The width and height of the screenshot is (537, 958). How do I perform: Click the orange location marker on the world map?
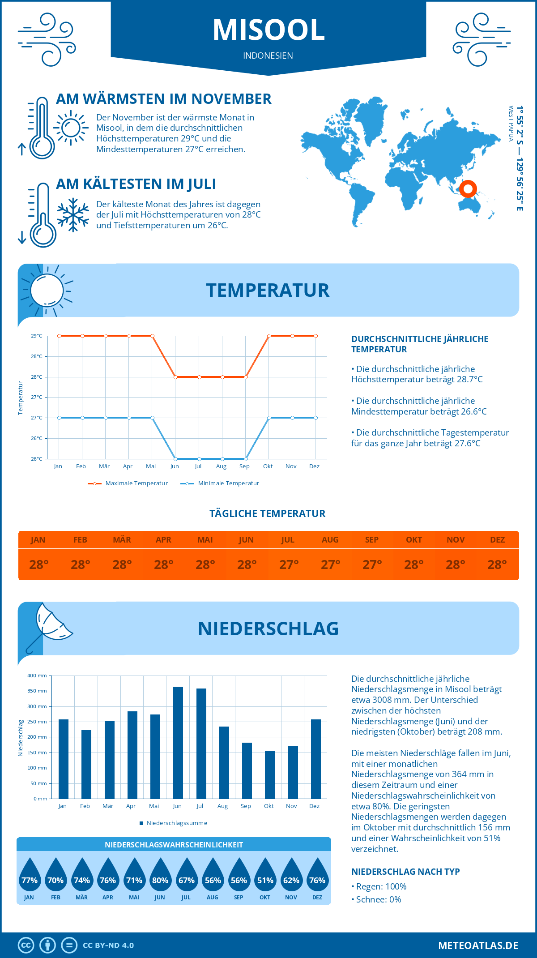pos(468,189)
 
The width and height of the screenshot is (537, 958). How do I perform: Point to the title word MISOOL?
pos(268,30)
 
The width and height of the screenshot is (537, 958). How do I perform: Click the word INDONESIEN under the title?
pos(268,56)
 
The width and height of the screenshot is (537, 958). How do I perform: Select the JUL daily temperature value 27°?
pos(289,565)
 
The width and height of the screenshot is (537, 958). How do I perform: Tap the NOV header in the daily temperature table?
pos(456,540)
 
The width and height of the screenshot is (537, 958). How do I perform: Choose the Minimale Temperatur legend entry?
pos(220,483)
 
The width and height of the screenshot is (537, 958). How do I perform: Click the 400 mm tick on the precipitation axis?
pos(37,676)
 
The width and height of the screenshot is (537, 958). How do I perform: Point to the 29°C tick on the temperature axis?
pos(37,336)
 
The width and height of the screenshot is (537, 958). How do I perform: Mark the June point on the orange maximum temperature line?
pos(175,377)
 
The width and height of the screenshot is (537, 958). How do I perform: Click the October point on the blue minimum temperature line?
pos(269,418)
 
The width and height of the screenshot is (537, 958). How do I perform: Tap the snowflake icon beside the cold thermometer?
pos(73,215)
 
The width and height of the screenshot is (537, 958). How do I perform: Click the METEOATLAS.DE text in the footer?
pos(478,945)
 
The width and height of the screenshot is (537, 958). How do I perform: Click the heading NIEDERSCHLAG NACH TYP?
pos(405,872)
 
